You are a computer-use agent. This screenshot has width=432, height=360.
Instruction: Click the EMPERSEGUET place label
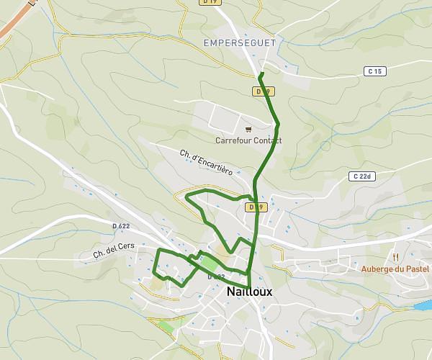[x=240, y=43]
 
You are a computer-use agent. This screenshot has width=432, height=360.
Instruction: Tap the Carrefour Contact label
[x=248, y=140]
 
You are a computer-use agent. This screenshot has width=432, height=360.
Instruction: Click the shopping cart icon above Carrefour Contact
[x=248, y=130]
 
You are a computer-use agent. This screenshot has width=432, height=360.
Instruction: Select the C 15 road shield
[x=374, y=71]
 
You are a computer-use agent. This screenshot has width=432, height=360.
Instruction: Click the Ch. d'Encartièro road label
[x=207, y=162]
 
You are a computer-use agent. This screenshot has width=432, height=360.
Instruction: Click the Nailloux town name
[x=249, y=292]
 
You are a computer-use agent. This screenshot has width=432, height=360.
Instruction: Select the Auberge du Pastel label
[x=395, y=269]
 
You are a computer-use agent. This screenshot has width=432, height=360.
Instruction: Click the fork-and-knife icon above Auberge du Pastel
[x=395, y=256]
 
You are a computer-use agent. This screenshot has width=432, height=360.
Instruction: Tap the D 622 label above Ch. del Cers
[x=120, y=226]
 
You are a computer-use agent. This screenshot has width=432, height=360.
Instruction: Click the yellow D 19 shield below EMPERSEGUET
[x=263, y=91]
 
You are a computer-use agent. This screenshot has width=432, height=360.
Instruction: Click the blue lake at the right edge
[x=423, y=306]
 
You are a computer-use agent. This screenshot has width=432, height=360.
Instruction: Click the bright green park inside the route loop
[x=208, y=262]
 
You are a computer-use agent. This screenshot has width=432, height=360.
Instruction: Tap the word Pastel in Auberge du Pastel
[x=417, y=269]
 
